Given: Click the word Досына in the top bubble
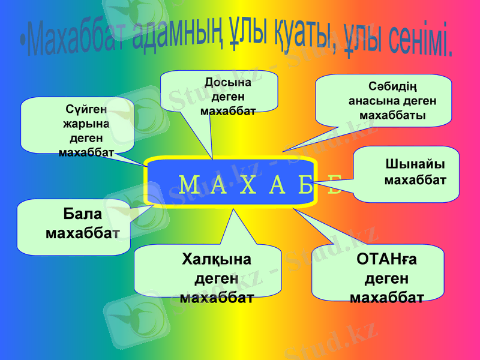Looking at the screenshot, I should (x=228, y=82).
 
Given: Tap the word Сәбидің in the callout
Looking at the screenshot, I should (x=392, y=88).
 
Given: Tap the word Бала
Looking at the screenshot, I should (x=83, y=214).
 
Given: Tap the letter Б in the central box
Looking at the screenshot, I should (x=306, y=185).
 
